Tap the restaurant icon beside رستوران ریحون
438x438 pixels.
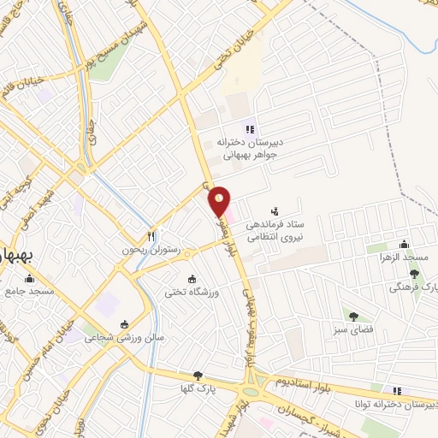pyautogui.click(x=151, y=236)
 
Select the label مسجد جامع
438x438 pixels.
pyautogui.click(x=29, y=291)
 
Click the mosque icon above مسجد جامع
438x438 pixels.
pyautogui.click(x=30, y=278)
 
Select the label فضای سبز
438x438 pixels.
pyautogui.click(x=350, y=328)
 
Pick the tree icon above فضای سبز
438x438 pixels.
pyautogui.click(x=349, y=315)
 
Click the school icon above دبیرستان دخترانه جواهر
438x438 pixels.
pyautogui.click(x=249, y=129)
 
